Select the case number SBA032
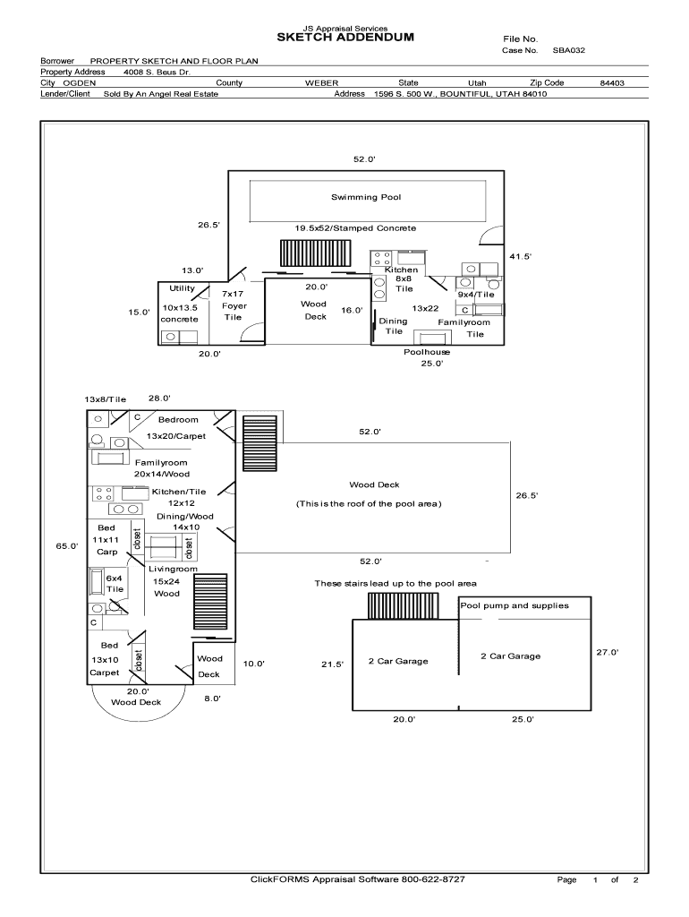click(x=568, y=51)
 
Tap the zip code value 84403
click(x=612, y=82)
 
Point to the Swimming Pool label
click(x=366, y=196)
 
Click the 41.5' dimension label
click(x=521, y=256)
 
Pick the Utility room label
click(x=182, y=288)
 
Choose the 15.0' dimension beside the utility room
click(x=139, y=312)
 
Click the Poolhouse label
click(x=427, y=352)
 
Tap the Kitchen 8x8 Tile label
click(x=402, y=279)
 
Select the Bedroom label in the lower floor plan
click(x=178, y=419)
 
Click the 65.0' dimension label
click(x=68, y=545)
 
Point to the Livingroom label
click(x=173, y=569)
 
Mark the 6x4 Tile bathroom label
click(x=115, y=584)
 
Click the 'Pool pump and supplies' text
click(x=515, y=605)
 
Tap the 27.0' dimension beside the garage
click(x=608, y=652)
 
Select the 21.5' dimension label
click(x=332, y=664)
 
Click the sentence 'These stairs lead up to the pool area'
click(x=395, y=583)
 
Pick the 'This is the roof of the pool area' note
click(x=369, y=503)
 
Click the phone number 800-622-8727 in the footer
click(x=433, y=879)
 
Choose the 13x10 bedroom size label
click(x=105, y=659)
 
